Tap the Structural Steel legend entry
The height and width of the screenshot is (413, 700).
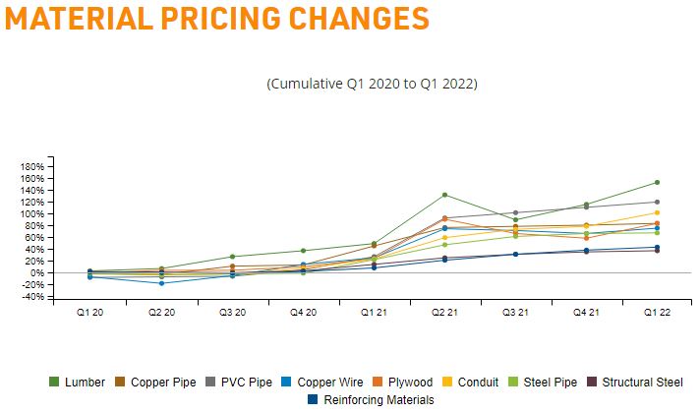[640, 382]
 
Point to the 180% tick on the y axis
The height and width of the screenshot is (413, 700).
[32, 166]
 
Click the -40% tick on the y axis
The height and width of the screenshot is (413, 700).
[32, 297]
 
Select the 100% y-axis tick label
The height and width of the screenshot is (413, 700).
[32, 213]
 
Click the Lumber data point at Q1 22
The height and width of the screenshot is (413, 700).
[657, 182]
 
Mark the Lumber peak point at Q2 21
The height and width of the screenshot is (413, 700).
[444, 195]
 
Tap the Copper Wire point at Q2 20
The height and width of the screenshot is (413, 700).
[161, 283]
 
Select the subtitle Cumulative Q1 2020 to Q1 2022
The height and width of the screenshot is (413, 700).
[372, 84]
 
